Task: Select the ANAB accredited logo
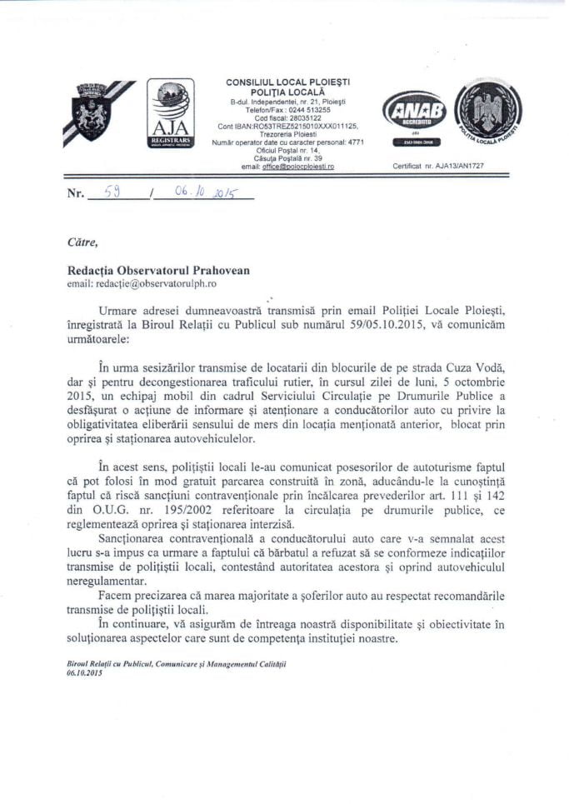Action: click(x=414, y=115)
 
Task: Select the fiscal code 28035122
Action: click(x=297, y=117)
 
